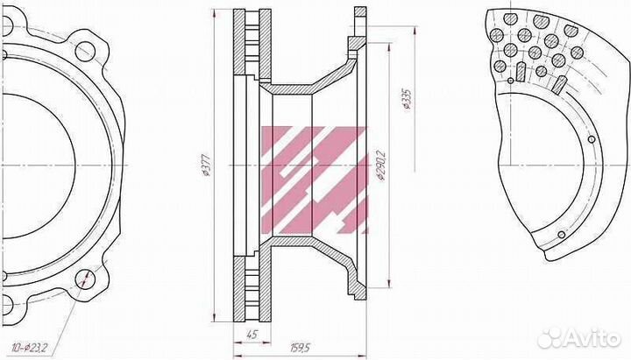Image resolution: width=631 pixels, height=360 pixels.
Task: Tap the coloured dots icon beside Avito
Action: (x=550, y=336)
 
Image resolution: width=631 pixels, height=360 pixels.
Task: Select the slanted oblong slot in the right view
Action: (x=557, y=84)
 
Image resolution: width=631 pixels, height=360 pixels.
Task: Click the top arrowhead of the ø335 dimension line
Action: (x=411, y=29)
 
